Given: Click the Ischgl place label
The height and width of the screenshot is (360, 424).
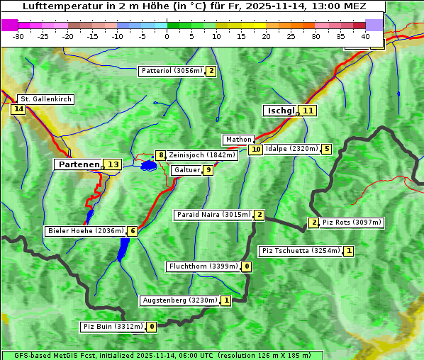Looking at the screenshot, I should pyautogui.click(x=280, y=111).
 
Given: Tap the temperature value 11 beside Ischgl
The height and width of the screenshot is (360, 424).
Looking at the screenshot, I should pyautogui.click(x=308, y=111).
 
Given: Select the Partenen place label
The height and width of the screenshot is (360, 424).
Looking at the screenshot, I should pyautogui.click(x=78, y=164).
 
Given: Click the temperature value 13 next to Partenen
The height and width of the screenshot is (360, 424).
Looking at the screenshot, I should pyautogui.click(x=113, y=164).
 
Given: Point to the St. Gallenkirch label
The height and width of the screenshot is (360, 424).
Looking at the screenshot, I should pyautogui.click(x=45, y=99).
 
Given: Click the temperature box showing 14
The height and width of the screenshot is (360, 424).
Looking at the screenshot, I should pyautogui.click(x=18, y=109).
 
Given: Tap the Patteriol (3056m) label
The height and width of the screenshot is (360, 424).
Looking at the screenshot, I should pyautogui.click(x=172, y=71).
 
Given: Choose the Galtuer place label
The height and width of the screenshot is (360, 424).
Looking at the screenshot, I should pyautogui.click(x=186, y=170).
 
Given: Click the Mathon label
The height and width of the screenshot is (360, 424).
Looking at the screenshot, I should pyautogui.click(x=238, y=140).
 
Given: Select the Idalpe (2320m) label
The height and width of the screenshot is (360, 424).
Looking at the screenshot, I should pyautogui.click(x=291, y=149).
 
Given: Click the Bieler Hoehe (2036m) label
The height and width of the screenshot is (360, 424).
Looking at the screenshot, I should pyautogui.click(x=85, y=231).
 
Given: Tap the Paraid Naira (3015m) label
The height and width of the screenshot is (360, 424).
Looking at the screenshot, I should pyautogui.click(x=213, y=215).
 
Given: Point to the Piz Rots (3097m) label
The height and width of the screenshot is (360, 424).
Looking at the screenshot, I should pyautogui.click(x=352, y=223).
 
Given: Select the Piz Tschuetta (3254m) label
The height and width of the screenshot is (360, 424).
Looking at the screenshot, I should pyautogui.click(x=301, y=251).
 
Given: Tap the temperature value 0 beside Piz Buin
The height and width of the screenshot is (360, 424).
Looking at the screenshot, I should pyautogui.click(x=152, y=327).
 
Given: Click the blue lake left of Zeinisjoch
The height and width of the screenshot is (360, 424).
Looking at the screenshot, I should pyautogui.click(x=148, y=166).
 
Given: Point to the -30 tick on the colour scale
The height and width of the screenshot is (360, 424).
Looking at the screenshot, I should pyautogui.click(x=18, y=36).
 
